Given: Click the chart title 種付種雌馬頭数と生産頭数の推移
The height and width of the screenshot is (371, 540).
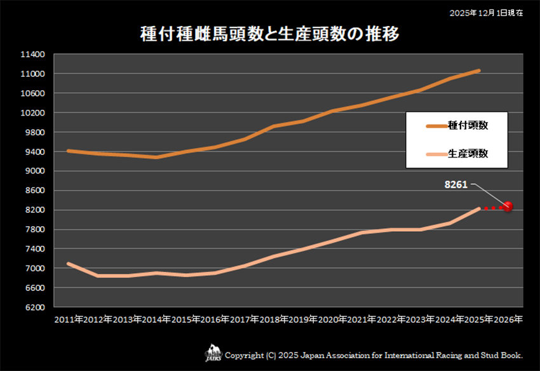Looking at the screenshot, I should click(x=269, y=34).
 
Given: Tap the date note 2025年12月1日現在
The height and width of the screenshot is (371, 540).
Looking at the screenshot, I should click(x=486, y=13).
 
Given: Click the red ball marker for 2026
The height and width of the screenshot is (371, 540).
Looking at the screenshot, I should click(x=508, y=206).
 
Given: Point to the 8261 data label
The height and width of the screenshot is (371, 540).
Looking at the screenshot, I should click(x=456, y=185).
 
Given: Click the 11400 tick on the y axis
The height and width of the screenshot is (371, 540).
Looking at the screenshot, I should click(x=32, y=55).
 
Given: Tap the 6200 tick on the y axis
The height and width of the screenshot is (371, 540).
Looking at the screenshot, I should click(x=34, y=307).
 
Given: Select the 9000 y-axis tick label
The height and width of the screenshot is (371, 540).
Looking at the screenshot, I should click(x=34, y=172).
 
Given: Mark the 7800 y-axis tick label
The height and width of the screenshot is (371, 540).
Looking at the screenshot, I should click(x=34, y=230).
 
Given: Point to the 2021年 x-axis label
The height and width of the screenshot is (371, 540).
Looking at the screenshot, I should click(x=362, y=319).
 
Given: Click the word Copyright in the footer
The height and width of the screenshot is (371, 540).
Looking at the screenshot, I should click(x=245, y=354).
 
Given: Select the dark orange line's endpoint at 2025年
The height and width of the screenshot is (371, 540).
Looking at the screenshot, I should click(x=479, y=71).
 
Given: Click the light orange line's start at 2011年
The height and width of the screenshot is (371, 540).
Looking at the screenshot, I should click(x=68, y=263).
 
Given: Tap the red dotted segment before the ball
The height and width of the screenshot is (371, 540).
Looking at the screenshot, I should click(x=492, y=208).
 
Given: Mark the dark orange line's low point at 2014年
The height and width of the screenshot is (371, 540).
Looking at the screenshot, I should click(x=156, y=157).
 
